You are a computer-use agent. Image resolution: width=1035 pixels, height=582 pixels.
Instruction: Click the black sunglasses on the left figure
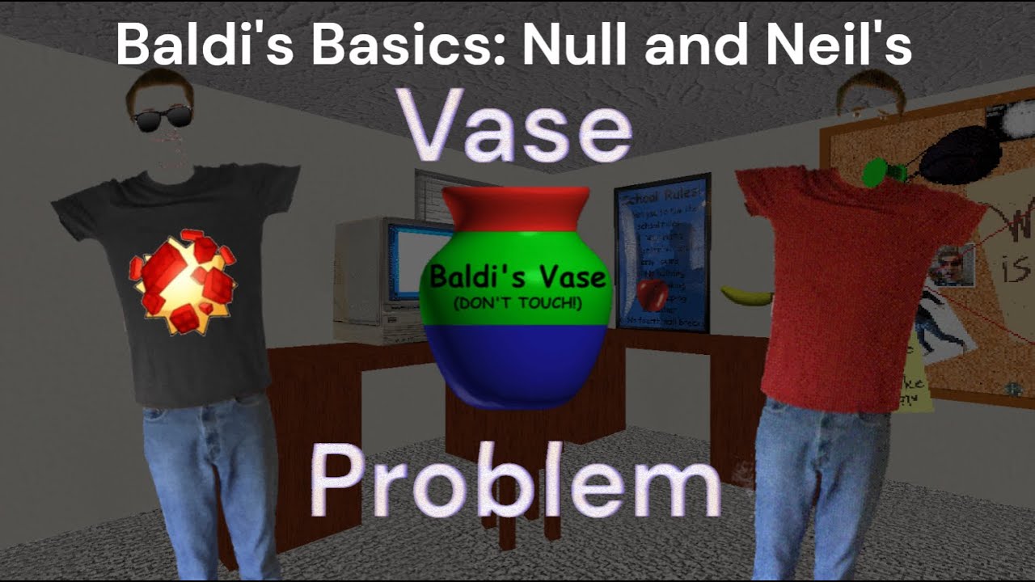click(x=163, y=119)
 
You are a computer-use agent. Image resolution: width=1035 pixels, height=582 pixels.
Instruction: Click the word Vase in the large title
click(x=518, y=129)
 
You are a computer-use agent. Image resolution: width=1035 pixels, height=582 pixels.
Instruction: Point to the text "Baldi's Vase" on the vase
click(x=517, y=277)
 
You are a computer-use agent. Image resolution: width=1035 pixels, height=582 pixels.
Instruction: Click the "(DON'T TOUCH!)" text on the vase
click(x=517, y=302)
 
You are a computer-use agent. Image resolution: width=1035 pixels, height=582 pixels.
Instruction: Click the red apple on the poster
click(x=653, y=294)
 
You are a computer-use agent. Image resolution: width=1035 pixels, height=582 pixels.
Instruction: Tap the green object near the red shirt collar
click(x=875, y=171)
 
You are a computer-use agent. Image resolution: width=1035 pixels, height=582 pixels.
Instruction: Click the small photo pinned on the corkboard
click(x=951, y=266)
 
